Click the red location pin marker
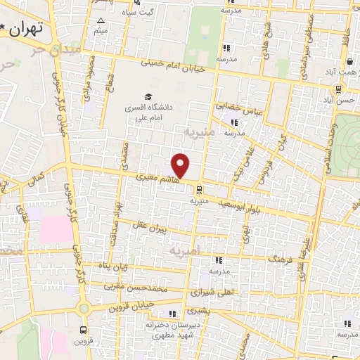click(181, 165)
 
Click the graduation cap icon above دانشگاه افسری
click(148, 96)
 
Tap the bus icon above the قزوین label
click(84, 330)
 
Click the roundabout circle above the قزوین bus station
click(84, 308)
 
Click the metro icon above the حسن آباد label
click(340, 89)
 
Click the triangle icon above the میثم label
click(101, 20)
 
